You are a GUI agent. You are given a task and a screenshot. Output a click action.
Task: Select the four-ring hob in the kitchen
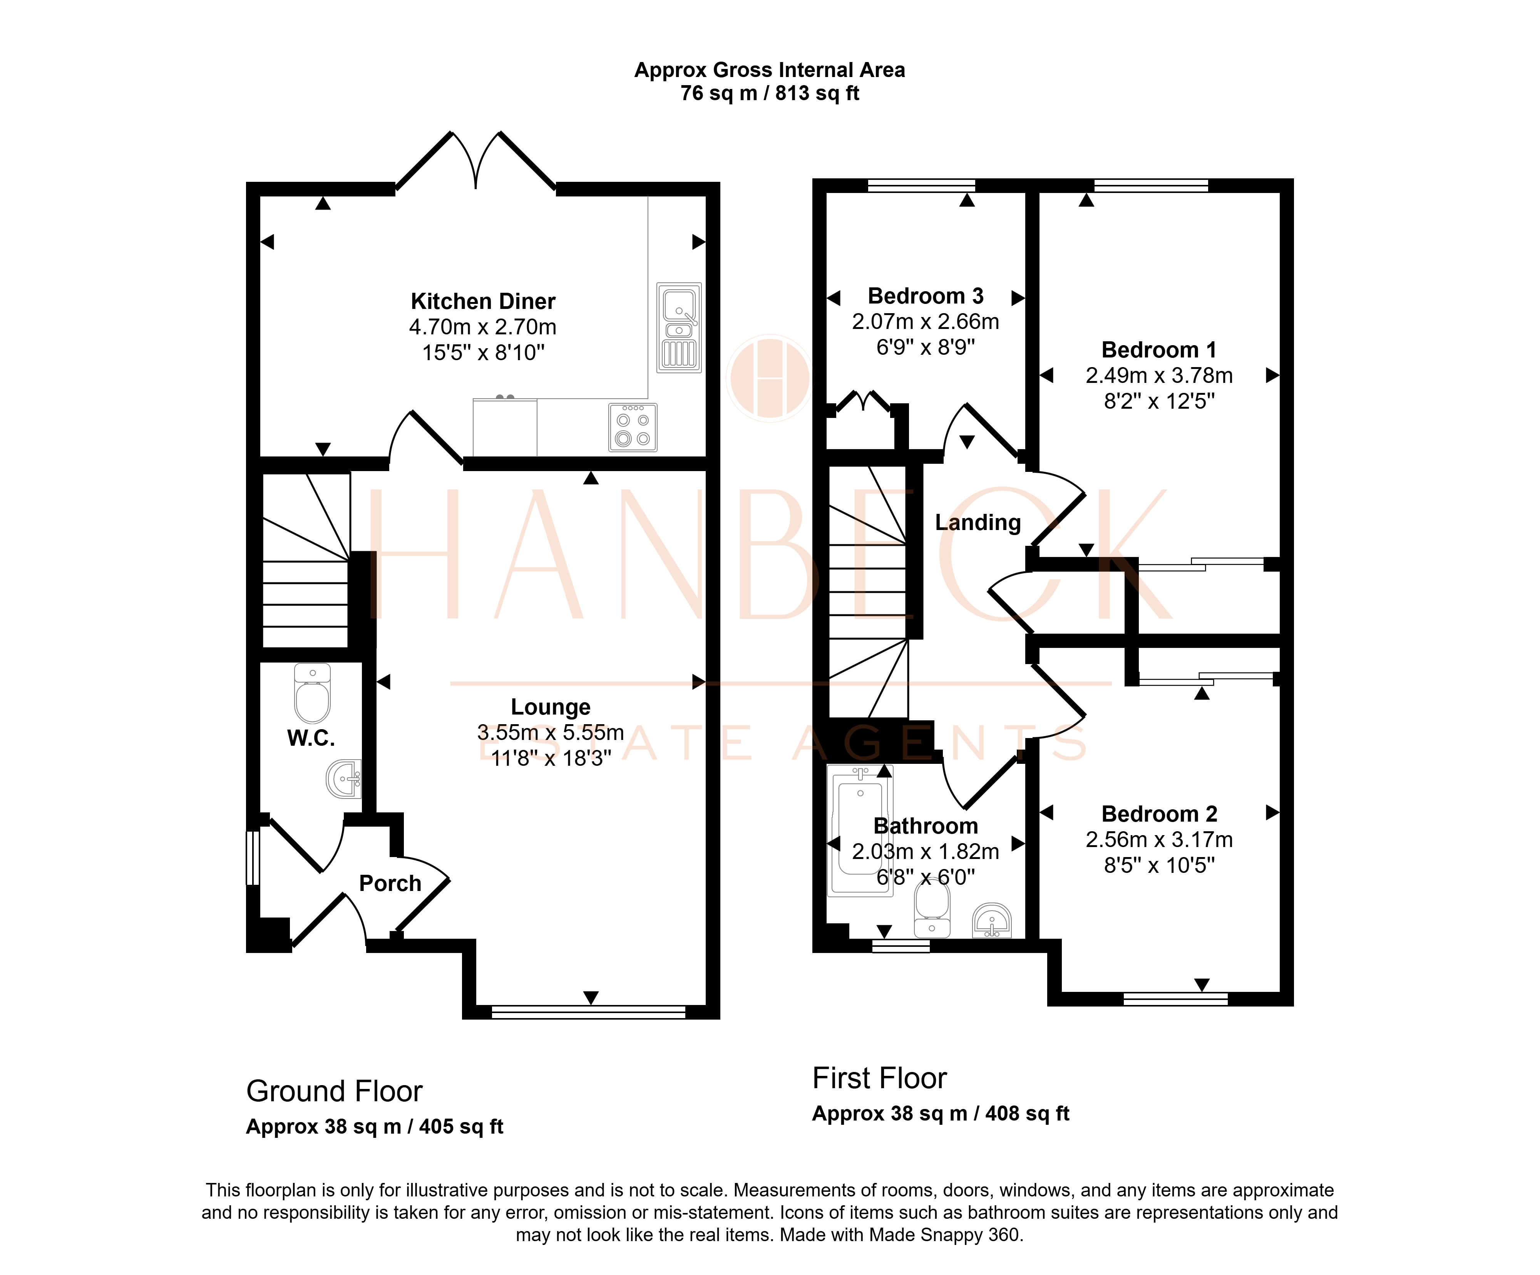633,427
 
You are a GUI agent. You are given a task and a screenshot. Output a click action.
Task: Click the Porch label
390,883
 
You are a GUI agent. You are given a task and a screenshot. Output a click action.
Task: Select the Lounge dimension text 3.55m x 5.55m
551,732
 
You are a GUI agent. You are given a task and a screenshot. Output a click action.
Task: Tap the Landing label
978,522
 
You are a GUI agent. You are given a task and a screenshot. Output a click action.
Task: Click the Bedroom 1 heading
1159,350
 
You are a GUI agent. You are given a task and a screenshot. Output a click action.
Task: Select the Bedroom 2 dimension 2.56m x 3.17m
1159,839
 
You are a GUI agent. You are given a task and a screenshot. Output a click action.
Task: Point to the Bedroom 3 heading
926,296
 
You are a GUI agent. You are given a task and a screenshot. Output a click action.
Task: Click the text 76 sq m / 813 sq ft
770,93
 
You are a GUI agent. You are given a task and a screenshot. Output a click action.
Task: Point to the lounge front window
588,1012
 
